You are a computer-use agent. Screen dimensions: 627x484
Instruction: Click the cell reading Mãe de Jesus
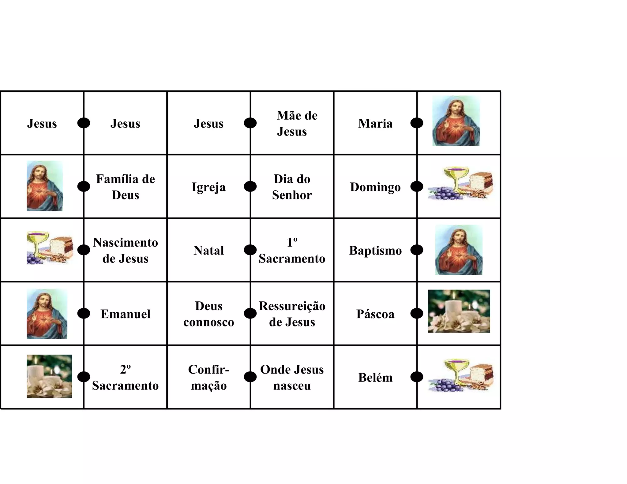point(292,123)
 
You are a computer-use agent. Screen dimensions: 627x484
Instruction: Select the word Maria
point(375,124)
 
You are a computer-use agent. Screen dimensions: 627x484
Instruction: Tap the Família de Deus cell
point(126,187)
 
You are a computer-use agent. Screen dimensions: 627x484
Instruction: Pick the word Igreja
point(209,187)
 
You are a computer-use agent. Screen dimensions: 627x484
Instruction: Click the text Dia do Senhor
point(292,187)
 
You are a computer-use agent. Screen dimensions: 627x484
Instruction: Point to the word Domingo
point(375,187)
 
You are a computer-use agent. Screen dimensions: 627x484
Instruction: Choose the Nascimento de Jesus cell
point(126,250)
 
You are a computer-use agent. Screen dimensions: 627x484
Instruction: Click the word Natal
point(209,251)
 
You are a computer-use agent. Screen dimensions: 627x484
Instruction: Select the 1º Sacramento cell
point(292,250)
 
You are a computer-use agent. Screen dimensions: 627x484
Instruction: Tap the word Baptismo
point(375,251)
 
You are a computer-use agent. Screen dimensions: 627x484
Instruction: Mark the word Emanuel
point(126,314)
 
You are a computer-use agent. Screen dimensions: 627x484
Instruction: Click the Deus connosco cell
point(209,314)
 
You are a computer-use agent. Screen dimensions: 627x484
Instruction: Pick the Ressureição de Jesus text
point(292,314)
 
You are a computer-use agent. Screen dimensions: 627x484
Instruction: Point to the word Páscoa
point(375,314)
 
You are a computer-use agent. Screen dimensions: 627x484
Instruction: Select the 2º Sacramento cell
point(126,377)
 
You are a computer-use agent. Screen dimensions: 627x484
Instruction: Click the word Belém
point(375,378)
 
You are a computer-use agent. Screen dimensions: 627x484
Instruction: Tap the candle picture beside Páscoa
point(459,311)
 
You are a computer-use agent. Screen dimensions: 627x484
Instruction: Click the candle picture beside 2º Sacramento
point(49,376)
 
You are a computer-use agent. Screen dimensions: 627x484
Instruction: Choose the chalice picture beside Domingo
point(460,183)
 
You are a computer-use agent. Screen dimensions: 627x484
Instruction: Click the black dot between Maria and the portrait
point(417,123)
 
